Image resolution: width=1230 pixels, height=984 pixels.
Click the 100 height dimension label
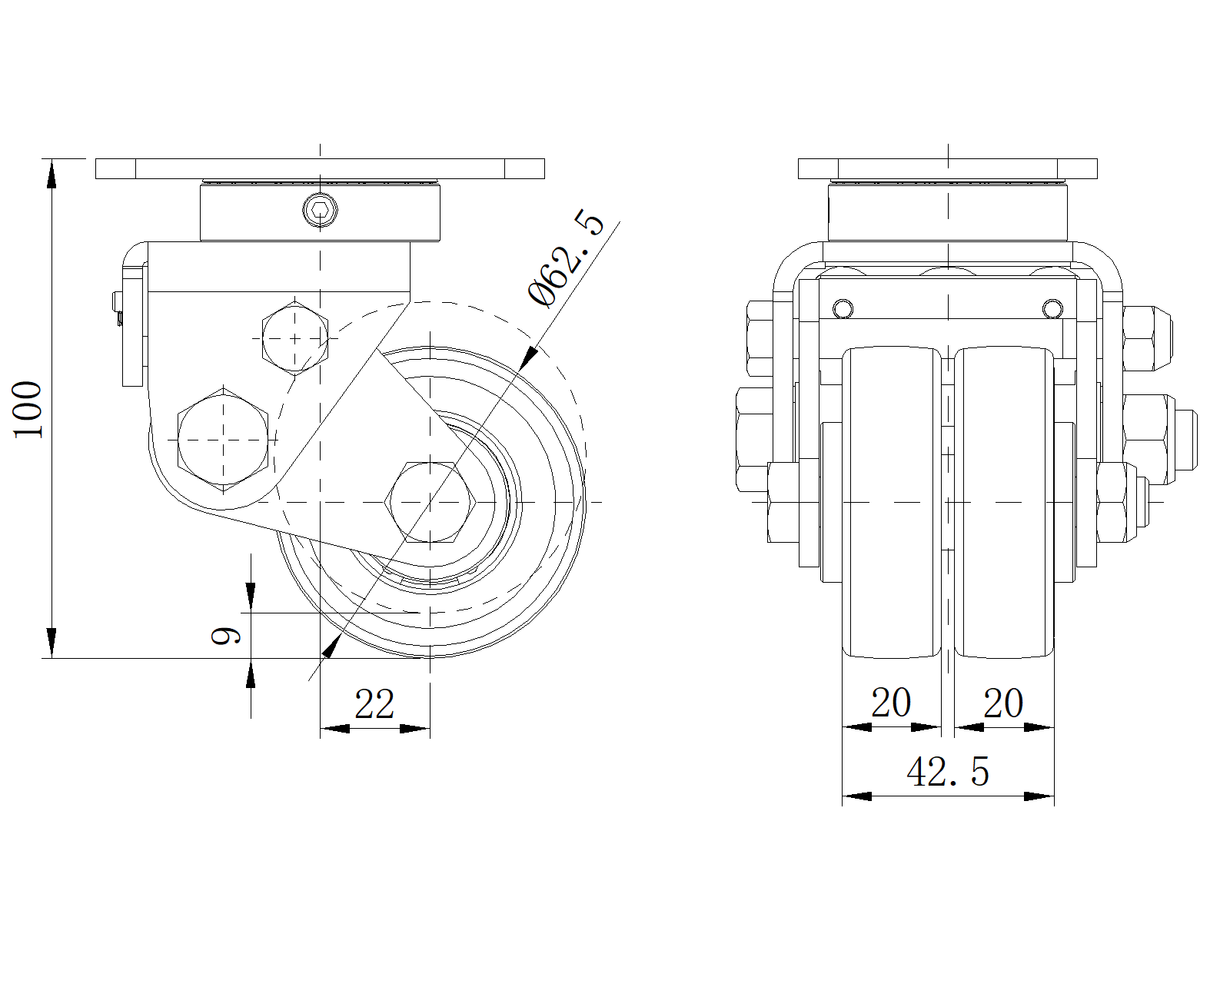click(x=29, y=408)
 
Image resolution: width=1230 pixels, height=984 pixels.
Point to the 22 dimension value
click(x=374, y=704)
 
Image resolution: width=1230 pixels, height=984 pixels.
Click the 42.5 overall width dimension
click(x=948, y=772)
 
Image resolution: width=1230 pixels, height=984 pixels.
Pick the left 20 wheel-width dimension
click(x=891, y=703)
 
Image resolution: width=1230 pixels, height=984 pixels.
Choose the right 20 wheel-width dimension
click(x=1003, y=703)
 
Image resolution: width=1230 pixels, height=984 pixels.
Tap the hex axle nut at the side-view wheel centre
click(x=430, y=502)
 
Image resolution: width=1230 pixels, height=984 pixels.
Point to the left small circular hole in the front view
click(x=843, y=308)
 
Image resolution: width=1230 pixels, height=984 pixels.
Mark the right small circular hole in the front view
click(x=1052, y=308)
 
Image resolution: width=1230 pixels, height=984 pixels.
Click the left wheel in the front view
click(x=892, y=504)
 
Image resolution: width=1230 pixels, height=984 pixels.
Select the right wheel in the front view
click(x=1004, y=504)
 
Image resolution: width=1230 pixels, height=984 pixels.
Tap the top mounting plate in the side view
click(x=320, y=168)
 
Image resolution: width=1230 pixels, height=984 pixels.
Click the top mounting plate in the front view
click(x=948, y=168)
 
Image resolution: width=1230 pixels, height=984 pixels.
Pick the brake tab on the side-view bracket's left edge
click(x=133, y=323)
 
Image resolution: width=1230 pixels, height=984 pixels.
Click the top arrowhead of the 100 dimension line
click(x=52, y=173)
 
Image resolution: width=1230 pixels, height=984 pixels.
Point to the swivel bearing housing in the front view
click(x=948, y=211)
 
